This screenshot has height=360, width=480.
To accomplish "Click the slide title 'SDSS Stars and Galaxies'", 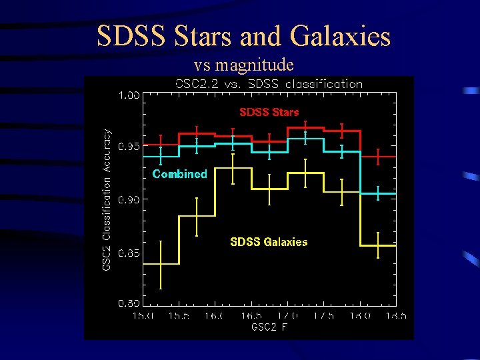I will click(243, 36).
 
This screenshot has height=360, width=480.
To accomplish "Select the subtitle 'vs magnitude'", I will click(243, 65).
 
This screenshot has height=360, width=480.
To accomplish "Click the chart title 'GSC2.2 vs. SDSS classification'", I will click(269, 84).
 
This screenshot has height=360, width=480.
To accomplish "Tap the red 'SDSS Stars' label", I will click(269, 112).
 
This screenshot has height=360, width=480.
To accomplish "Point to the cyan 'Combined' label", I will click(179, 174).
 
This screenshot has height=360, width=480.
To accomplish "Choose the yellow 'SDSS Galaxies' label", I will click(269, 242).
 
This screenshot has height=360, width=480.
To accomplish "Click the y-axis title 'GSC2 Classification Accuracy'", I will click(107, 200).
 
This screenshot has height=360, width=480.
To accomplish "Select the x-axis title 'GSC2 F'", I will click(269, 327).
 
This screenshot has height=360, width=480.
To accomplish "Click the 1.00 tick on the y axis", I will click(129, 95).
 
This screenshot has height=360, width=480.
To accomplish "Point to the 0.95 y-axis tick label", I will click(129, 147).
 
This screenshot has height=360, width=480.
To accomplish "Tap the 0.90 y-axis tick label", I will click(129, 199).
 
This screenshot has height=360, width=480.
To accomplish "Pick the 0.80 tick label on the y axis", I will click(129, 303).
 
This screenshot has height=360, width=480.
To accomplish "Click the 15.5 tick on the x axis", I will click(178, 315).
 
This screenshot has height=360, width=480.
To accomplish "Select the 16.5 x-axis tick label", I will click(251, 315).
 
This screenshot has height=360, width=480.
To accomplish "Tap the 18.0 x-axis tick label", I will click(361, 315).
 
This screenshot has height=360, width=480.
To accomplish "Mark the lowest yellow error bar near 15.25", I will click(161, 265).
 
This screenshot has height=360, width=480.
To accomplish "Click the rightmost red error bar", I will click(378, 157).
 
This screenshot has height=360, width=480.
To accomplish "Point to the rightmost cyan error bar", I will click(378, 193).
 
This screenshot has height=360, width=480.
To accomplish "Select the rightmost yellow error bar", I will click(378, 245).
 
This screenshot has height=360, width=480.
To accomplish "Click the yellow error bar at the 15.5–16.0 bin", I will click(197, 217).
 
